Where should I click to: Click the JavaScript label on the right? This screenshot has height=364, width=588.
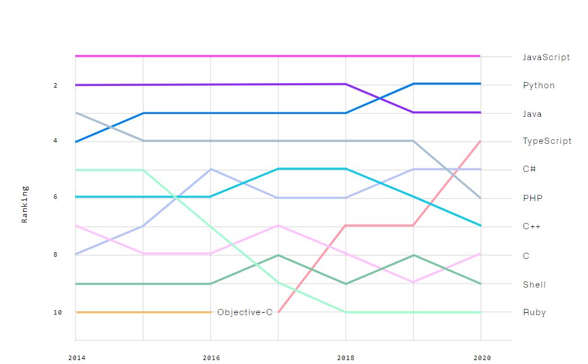(546, 57)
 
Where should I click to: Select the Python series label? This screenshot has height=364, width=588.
(539, 85)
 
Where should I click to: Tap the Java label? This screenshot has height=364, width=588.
(532, 114)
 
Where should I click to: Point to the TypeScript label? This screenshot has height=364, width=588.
(547, 141)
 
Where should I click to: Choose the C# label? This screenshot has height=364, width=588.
(529, 169)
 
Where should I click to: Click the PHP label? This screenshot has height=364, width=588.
(532, 198)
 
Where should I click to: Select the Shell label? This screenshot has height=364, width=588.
(534, 285)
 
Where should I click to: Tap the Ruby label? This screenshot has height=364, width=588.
(534, 312)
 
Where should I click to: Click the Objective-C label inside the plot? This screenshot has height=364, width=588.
(245, 312)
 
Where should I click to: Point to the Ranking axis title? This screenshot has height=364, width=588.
(25, 204)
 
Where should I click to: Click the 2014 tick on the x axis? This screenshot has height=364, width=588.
(76, 358)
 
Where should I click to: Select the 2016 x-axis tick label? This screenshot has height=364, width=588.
(211, 358)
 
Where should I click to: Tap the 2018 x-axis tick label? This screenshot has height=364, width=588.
(346, 358)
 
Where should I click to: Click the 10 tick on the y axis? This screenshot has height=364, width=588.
(58, 312)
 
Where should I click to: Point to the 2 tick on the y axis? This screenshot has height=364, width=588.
(55, 85)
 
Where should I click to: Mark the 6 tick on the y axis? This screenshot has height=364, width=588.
(55, 197)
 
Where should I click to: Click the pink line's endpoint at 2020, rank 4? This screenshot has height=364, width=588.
(480, 141)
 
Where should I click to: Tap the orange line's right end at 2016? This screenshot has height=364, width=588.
(210, 312)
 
